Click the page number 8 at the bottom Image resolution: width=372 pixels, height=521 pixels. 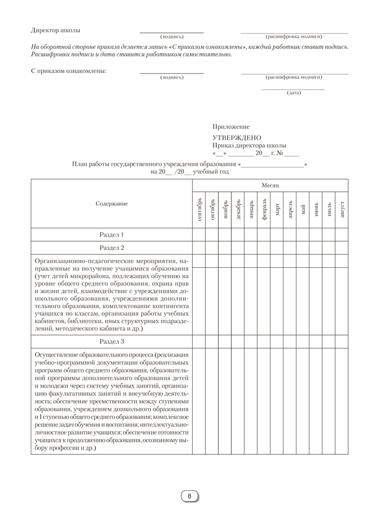pyautogui.click(x=190, y=496)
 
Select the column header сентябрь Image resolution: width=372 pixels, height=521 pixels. pyautogui.click(x=199, y=209)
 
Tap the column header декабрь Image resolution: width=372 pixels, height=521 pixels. pyautogui.click(x=238, y=209)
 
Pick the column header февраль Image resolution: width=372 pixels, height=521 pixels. pyautogui.click(x=264, y=209)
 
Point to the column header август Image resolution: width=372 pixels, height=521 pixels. pyautogui.click(x=342, y=209)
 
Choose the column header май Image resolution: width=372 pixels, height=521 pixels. pyautogui.click(x=303, y=209)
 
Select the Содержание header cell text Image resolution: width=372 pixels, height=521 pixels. pyautogui.click(x=111, y=204)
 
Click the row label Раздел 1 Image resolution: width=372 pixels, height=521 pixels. pyautogui.click(x=111, y=234)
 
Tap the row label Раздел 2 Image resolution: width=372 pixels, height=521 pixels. pyautogui.click(x=111, y=247)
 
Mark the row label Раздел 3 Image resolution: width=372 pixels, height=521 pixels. pyautogui.click(x=111, y=342)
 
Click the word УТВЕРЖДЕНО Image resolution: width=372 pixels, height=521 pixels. pyautogui.click(x=237, y=138)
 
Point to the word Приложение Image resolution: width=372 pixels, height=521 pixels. pyautogui.click(x=231, y=127)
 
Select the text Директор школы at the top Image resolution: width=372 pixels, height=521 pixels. pyautogui.click(x=56, y=30)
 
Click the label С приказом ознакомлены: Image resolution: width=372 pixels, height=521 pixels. pyautogui.click(x=68, y=71)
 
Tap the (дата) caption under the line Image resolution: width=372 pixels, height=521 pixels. pyautogui.click(x=293, y=93)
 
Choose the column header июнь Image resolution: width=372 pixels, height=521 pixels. pyautogui.click(x=316, y=209)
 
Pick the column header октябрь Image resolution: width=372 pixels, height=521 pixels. pyautogui.click(x=212, y=209)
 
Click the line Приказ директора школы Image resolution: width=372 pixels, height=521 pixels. pyautogui.click(x=249, y=146)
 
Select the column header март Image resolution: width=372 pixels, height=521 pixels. pyautogui.click(x=277, y=209)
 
